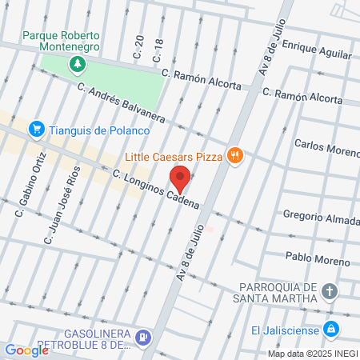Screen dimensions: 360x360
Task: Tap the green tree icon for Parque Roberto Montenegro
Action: coord(78,63)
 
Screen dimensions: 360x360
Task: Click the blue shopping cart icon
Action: coord(36,129)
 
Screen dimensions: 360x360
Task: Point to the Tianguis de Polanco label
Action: coord(99,130)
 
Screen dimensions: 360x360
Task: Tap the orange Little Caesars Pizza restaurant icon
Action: coord(234,156)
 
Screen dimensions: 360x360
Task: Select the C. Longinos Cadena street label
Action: coord(155,192)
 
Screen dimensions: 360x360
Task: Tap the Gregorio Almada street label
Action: coord(321,217)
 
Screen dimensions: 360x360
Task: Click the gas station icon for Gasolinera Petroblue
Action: coord(142,338)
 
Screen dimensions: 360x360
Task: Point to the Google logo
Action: coord(26,350)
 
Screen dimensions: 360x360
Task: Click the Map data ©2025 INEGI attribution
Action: coord(311,353)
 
